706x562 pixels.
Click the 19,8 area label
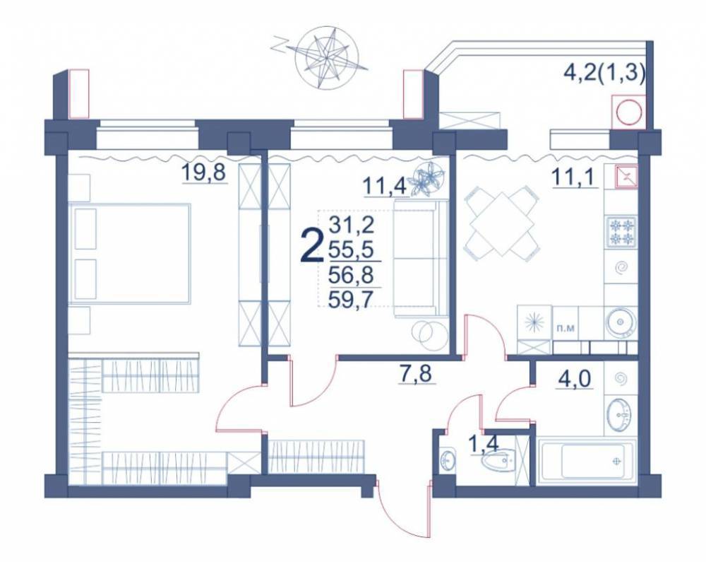coord(203,173)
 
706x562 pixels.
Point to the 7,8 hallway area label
coord(417,373)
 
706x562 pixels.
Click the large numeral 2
coord(312,246)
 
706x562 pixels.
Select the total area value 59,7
coord(352,298)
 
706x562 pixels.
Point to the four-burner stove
coord(621,232)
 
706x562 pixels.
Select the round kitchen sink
coord(621,322)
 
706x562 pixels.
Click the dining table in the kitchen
coord(501,226)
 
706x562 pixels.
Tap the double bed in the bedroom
coord(130,254)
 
